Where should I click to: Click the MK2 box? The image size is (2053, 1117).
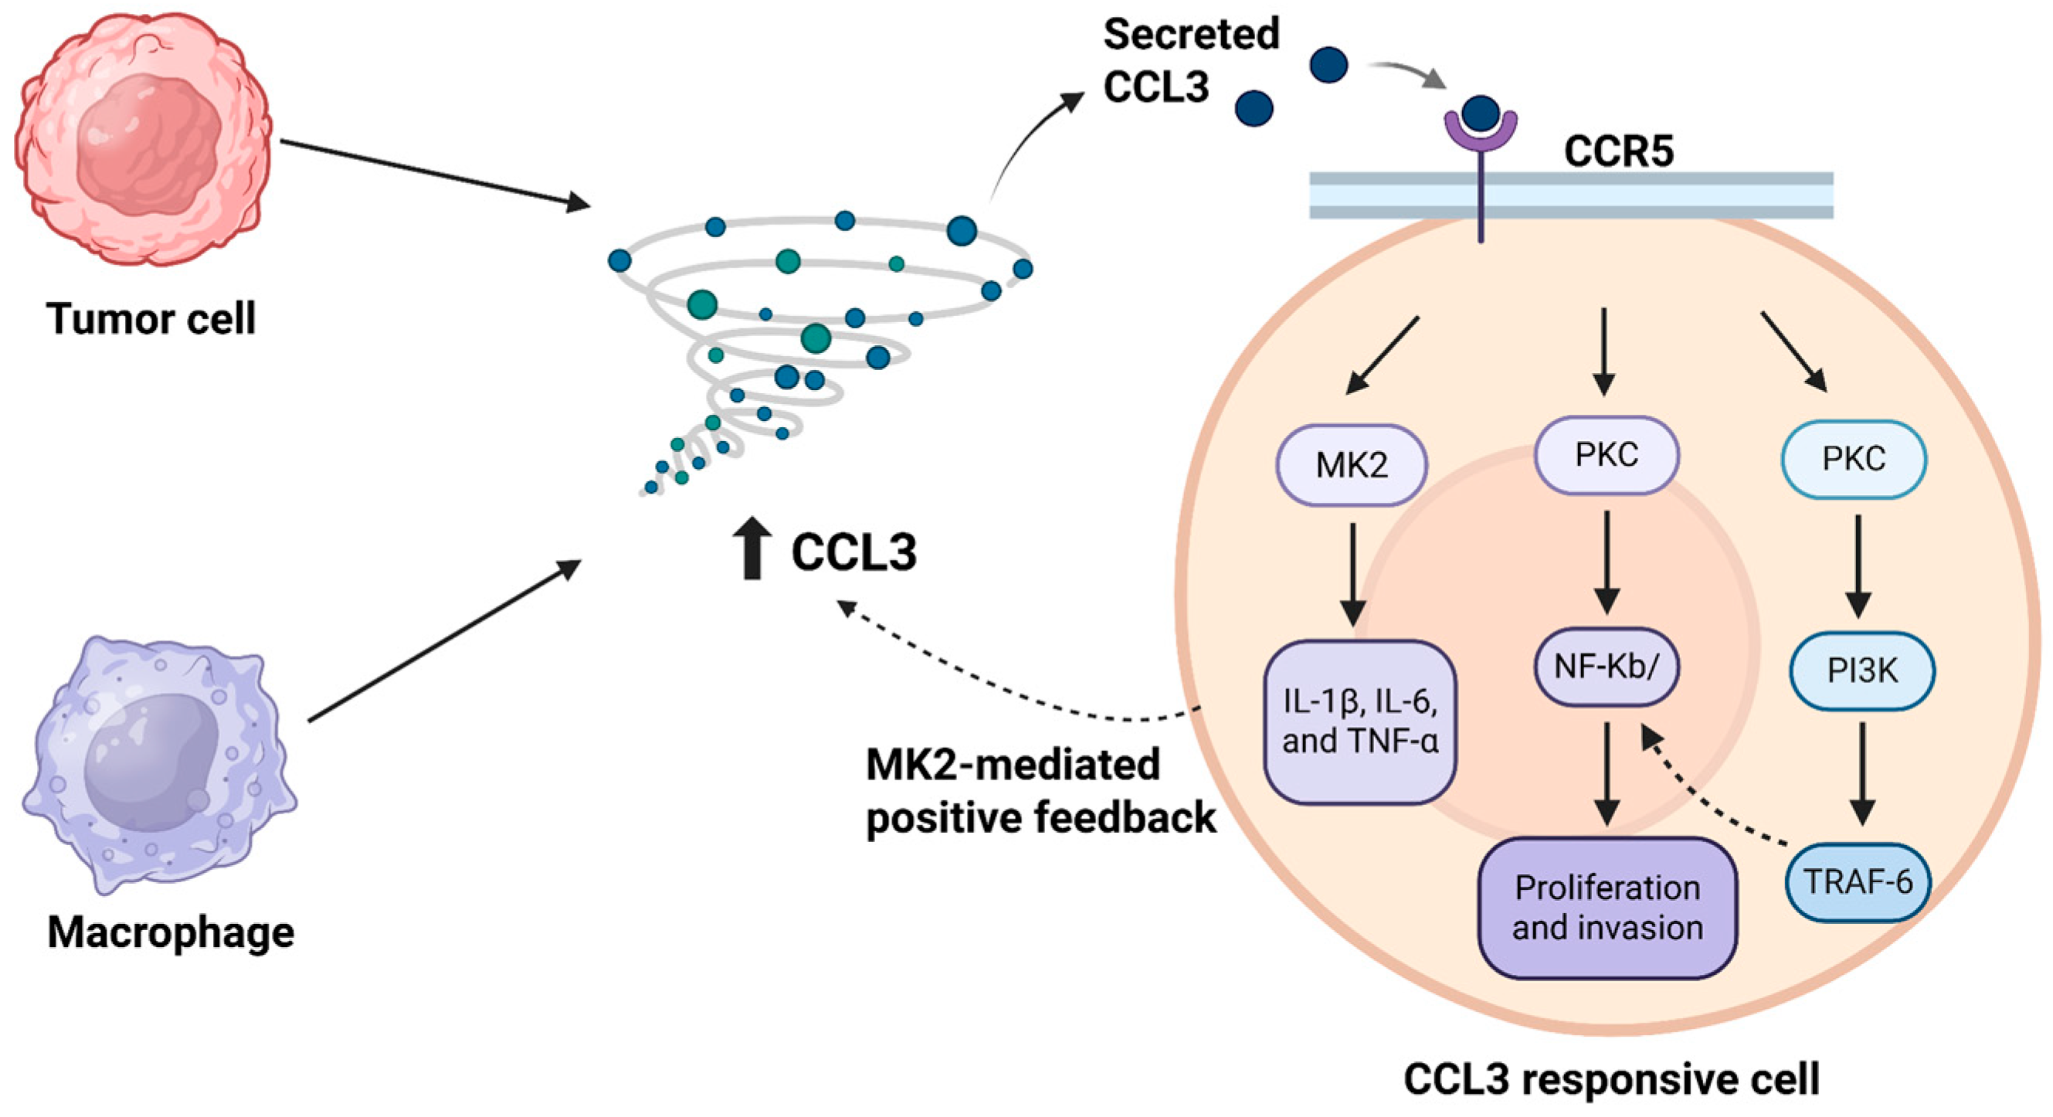(1352, 465)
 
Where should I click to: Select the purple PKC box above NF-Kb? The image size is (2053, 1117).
(1606, 454)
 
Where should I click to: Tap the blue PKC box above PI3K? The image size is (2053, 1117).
(1853, 460)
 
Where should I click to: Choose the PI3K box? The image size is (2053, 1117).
(1861, 671)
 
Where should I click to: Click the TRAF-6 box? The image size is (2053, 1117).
(1858, 882)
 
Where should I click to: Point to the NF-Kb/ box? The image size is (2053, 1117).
(1606, 667)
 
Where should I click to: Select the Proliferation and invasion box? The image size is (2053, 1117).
(1607, 908)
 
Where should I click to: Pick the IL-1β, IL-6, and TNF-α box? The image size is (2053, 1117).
(1359, 721)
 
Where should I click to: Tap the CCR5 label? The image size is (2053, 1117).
(1619, 151)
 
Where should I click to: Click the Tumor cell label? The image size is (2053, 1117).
(151, 319)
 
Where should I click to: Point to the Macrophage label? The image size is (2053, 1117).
(171, 932)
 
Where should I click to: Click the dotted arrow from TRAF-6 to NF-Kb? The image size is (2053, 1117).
(1705, 797)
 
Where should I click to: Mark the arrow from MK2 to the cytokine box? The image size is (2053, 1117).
(1352, 574)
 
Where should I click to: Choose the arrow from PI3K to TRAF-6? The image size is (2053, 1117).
(1861, 773)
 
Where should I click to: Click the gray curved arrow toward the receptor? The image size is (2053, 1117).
(1407, 73)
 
